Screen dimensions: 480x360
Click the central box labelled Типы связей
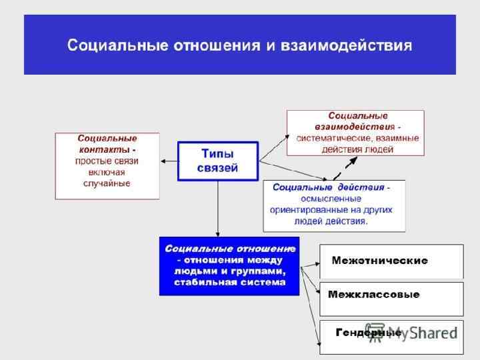217,161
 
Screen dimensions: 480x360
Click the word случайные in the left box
107,183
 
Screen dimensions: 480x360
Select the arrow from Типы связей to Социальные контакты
169,161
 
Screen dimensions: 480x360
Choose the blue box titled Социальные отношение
229,265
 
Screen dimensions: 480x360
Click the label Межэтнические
379,261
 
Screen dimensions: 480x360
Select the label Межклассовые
374,295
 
